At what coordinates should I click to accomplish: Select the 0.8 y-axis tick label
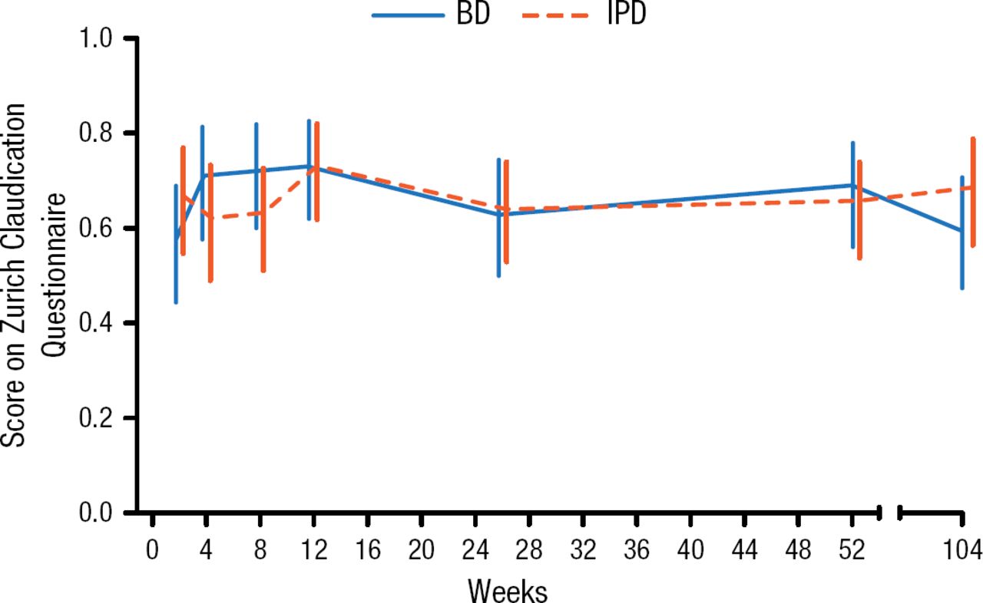tap(101, 133)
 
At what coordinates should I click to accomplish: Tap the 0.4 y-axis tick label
tap(101, 323)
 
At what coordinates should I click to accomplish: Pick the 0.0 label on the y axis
tap(101, 512)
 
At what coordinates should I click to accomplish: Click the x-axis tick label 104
tap(963, 551)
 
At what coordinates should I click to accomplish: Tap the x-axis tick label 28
tap(529, 551)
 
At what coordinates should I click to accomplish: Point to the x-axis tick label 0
tap(152, 551)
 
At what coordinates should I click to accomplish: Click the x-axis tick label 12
tap(313, 551)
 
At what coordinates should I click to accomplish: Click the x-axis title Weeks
tap(508, 589)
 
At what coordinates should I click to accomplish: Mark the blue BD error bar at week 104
tap(961, 232)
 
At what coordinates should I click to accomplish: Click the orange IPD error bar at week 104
tap(973, 192)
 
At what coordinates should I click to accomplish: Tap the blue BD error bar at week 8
tap(257, 176)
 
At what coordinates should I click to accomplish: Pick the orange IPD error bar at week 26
tap(506, 211)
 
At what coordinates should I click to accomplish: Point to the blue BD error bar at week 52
tap(852, 195)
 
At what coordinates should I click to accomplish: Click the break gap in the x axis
tap(890, 512)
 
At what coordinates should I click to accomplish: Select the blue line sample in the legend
tap(408, 14)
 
